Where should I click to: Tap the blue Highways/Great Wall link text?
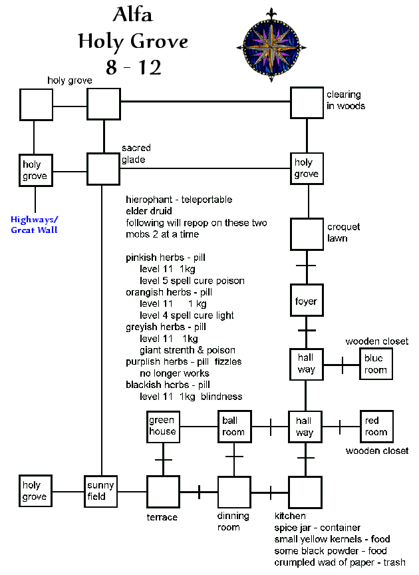[x=34, y=225]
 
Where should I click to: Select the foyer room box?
[x=306, y=301]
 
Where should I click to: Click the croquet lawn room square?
[x=306, y=234]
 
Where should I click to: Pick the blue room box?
[x=376, y=364]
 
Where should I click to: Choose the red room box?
[x=376, y=427]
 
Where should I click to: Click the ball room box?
[x=233, y=427]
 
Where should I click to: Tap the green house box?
[x=162, y=427]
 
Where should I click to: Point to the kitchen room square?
[x=305, y=492]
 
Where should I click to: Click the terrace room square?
[x=162, y=492]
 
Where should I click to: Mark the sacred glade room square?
[x=103, y=169]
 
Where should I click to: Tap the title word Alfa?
[x=133, y=17]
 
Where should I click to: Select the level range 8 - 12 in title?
[x=133, y=66]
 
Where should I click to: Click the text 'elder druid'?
[x=149, y=212]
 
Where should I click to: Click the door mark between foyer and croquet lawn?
[x=306, y=267]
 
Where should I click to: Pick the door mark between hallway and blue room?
[x=342, y=365]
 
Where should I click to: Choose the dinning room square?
[x=233, y=492]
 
